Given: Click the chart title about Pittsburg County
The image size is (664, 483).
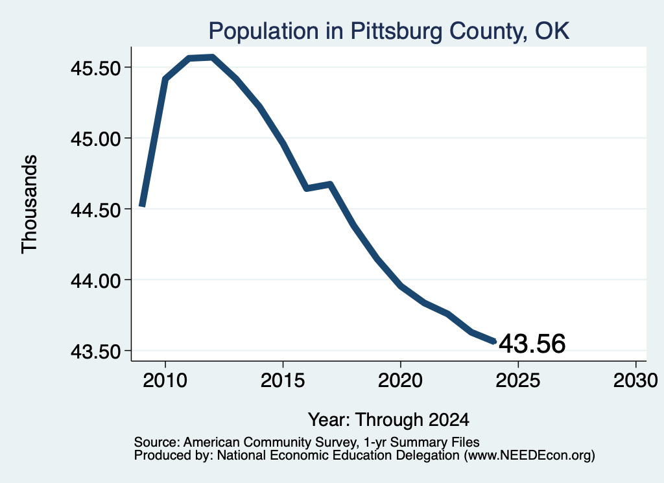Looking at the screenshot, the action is pos(389,31).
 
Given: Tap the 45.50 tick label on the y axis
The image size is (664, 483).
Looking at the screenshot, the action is pos(96,67).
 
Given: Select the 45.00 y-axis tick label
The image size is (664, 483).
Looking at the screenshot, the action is pos(96,139).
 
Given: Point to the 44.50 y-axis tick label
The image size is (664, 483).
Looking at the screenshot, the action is pos(96,209).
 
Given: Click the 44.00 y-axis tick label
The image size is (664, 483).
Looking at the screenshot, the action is pos(96,280).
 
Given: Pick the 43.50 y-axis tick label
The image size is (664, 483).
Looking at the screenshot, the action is pos(96,351).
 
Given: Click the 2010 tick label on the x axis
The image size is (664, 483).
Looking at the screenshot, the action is pos(165,380).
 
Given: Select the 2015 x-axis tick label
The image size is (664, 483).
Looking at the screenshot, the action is pos(283,380).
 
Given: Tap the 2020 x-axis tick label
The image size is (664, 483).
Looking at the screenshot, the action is pos(400,380).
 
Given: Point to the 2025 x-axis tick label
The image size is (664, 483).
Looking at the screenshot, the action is pos(518,380).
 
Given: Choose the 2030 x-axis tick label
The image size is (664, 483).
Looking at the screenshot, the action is pos(635,380).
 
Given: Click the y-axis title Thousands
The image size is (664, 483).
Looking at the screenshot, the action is pos(30,204).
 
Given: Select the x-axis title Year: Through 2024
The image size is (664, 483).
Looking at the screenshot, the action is pos(388,419).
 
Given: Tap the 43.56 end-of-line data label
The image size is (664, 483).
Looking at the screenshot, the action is pos(532,343).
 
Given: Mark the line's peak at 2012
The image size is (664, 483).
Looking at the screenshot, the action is pos(212,58).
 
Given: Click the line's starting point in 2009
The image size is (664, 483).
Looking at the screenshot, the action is pos(142,206).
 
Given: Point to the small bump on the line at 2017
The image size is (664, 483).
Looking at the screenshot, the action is pos(330,184).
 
